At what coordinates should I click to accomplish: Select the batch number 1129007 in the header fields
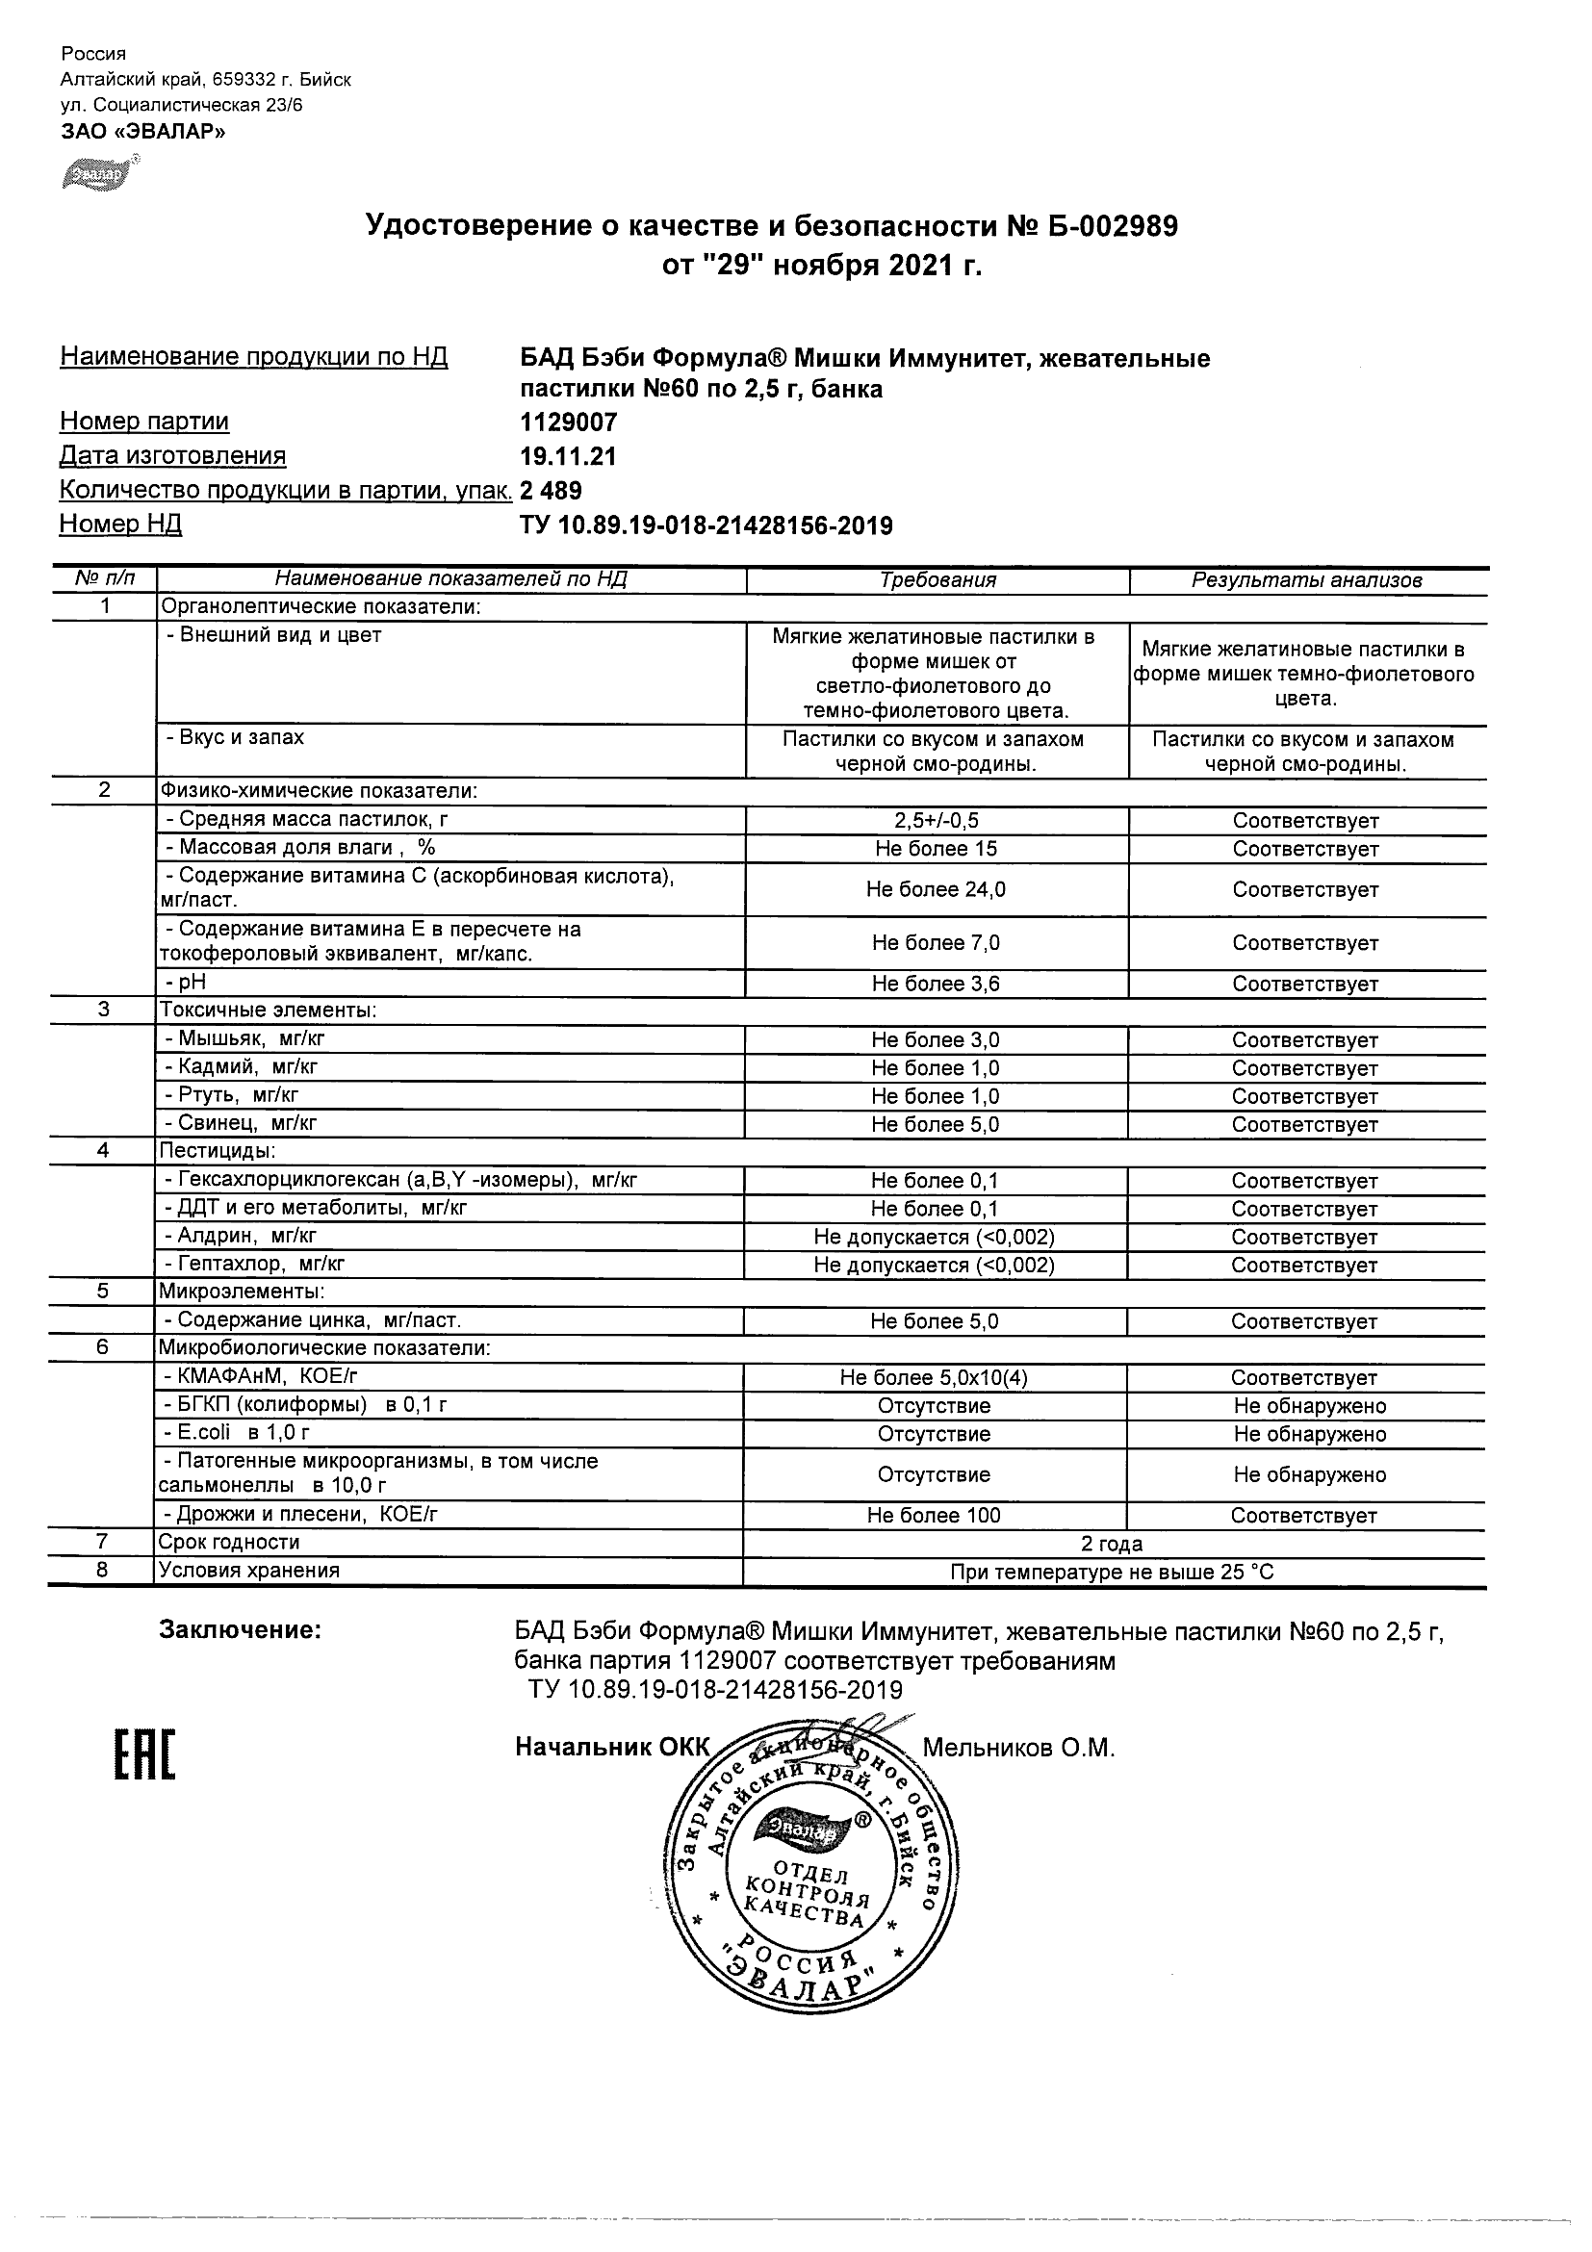568,422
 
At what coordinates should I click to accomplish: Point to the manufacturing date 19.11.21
568,456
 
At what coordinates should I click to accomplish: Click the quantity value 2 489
551,491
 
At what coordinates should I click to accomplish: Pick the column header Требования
937,579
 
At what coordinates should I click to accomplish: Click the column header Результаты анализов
1306,579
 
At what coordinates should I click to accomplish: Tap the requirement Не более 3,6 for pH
936,984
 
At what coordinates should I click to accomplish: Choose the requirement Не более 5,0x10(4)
934,1378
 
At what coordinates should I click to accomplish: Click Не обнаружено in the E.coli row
1309,1434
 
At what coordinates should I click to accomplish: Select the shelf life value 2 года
1112,1544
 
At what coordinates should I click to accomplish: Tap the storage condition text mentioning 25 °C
1112,1573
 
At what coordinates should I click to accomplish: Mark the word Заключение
241,1630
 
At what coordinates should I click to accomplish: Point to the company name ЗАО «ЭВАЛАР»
143,132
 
